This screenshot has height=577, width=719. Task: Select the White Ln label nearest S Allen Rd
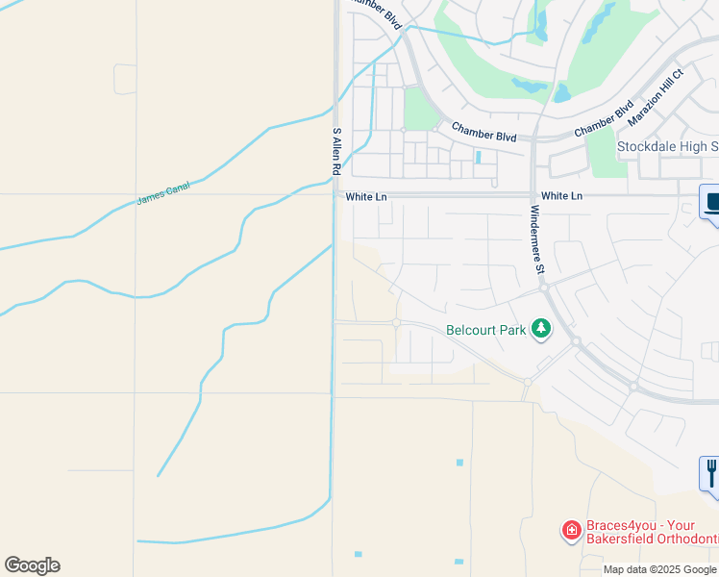[365, 196]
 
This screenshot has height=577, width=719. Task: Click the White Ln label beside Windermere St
[561, 195]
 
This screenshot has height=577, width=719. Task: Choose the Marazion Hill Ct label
[655, 97]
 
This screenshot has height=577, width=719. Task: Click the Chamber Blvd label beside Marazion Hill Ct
[604, 119]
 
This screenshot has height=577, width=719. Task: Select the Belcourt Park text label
[486, 330]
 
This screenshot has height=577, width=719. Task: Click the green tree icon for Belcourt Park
[542, 330]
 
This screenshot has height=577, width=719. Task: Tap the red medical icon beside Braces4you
[571, 529]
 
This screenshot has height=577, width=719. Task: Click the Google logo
[32, 565]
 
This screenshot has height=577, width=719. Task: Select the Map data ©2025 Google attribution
[660, 569]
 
